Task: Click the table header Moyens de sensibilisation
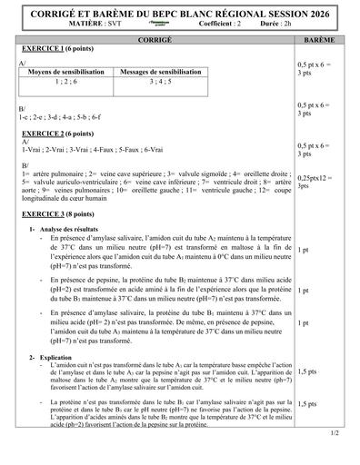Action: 68,72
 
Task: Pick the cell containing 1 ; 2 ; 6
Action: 68,82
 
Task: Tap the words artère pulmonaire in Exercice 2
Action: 55,173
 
